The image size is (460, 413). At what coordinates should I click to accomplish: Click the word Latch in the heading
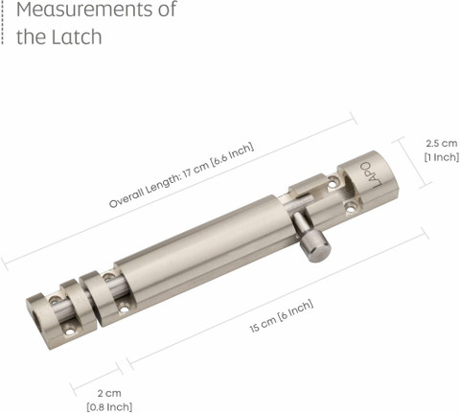(x=77, y=36)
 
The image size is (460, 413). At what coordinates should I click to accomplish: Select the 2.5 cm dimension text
(x=442, y=143)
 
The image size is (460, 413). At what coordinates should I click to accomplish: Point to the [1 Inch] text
(x=442, y=157)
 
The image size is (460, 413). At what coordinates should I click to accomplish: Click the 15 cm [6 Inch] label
(x=282, y=316)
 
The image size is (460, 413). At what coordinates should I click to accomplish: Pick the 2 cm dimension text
(x=109, y=393)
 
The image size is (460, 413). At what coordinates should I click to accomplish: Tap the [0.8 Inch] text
(x=109, y=407)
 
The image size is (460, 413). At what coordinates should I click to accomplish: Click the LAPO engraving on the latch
(x=371, y=174)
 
